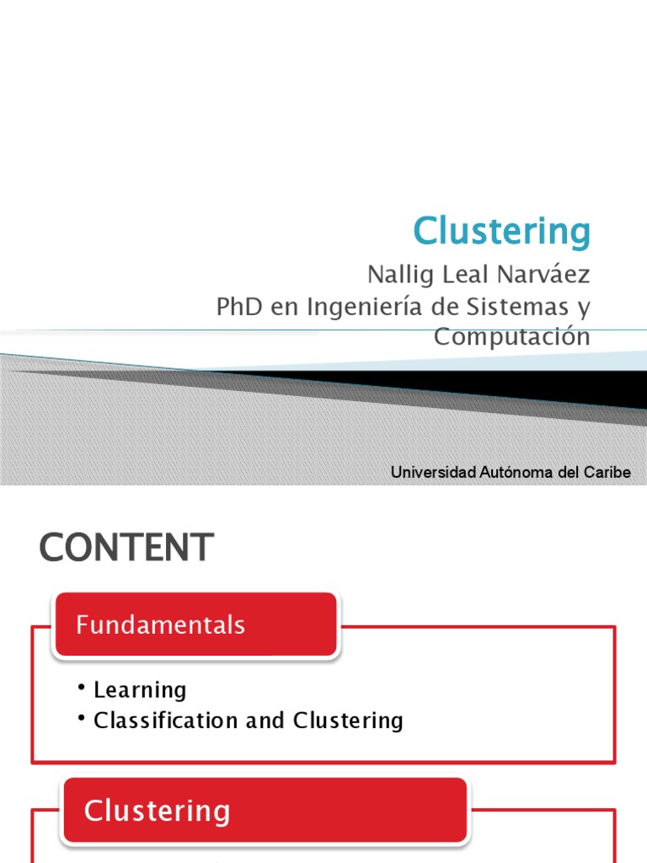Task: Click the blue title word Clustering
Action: (x=502, y=230)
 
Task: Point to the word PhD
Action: (x=239, y=307)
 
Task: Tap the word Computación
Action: (x=511, y=336)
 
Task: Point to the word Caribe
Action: (x=607, y=472)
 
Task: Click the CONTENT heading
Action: (x=126, y=548)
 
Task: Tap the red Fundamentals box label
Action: (x=160, y=624)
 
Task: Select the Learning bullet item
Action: (x=140, y=690)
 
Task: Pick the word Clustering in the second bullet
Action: (x=348, y=721)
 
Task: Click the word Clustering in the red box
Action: (x=157, y=811)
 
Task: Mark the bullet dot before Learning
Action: (x=82, y=688)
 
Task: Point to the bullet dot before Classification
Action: (x=82, y=718)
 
